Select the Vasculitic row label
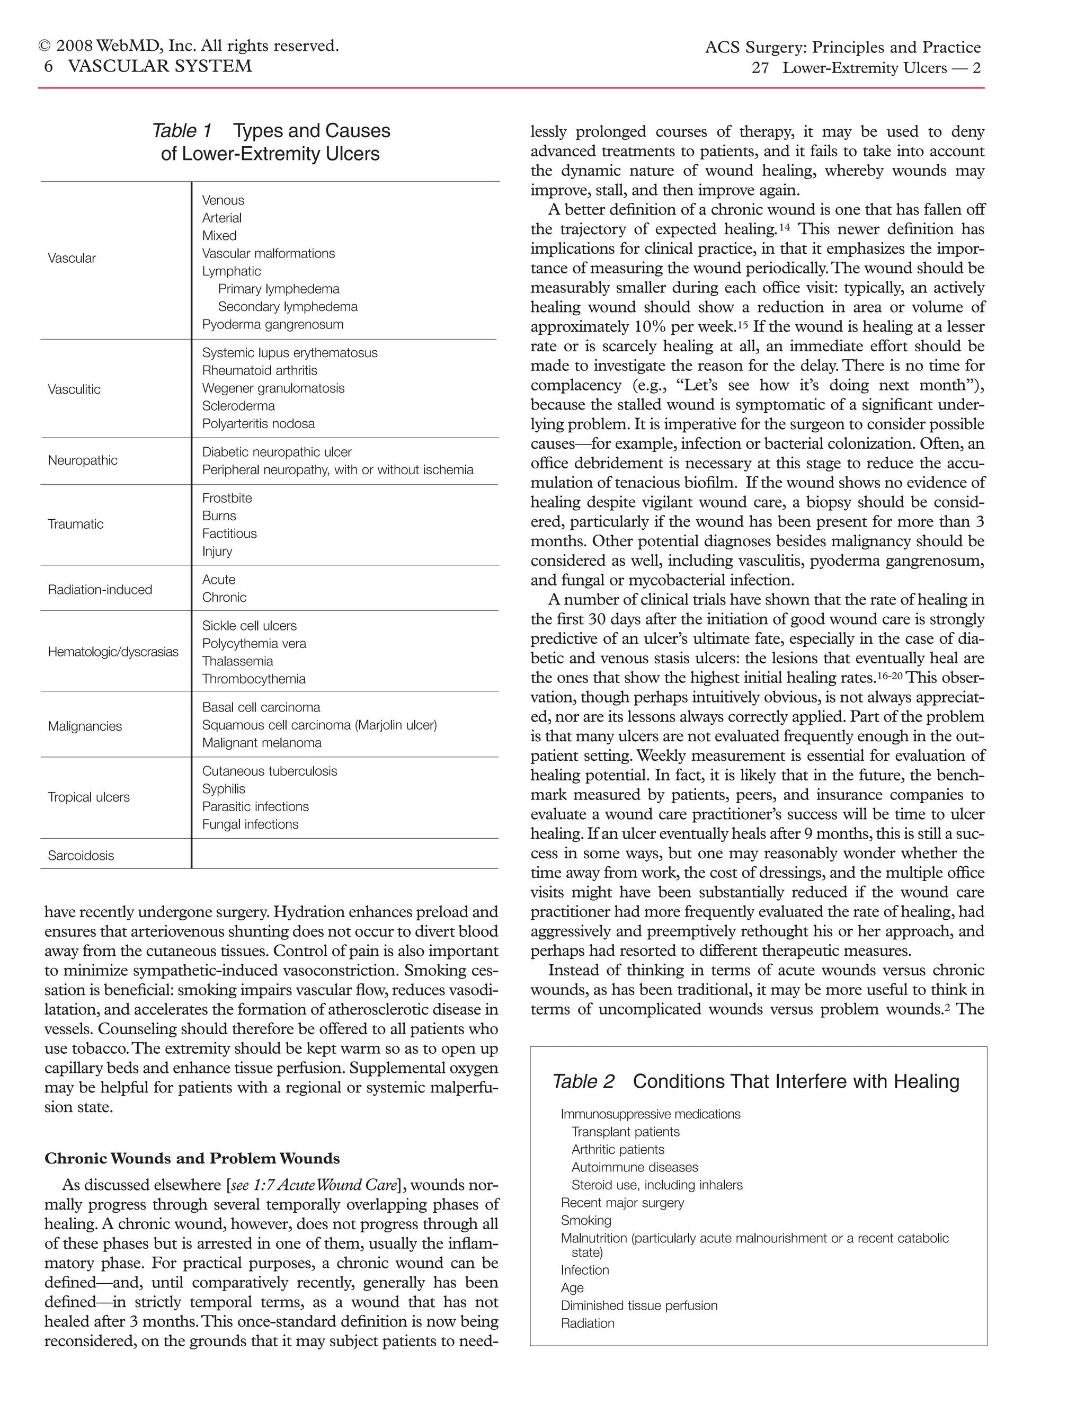[74, 389]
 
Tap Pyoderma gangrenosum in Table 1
[272, 325]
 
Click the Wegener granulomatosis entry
[273, 388]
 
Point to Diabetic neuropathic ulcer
[277, 452]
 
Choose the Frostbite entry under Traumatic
[227, 498]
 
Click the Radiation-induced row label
[100, 590]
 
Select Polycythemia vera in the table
[254, 644]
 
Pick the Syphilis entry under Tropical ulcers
[224, 789]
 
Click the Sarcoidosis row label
[81, 856]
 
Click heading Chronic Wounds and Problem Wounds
[192, 1158]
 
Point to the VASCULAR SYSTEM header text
[159, 66]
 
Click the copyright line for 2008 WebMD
[189, 46]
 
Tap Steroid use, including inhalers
[656, 1185]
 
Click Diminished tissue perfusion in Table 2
[639, 1305]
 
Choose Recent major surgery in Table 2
[622, 1203]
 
